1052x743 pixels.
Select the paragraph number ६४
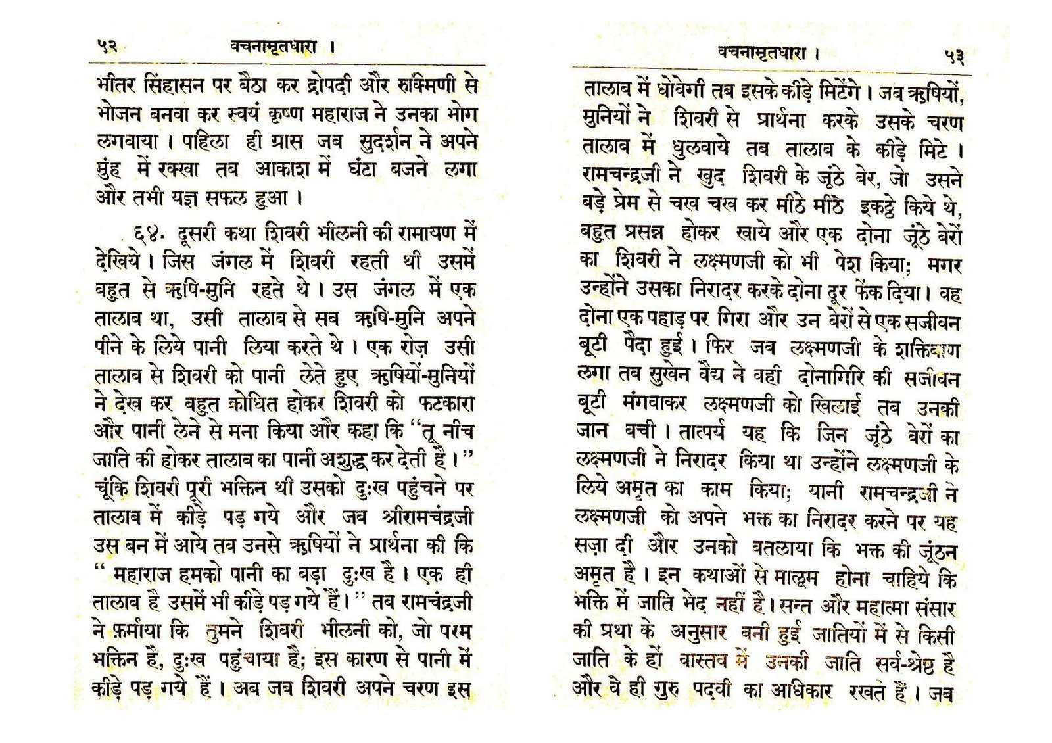tap(143, 234)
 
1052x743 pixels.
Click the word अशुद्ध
tap(345, 460)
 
